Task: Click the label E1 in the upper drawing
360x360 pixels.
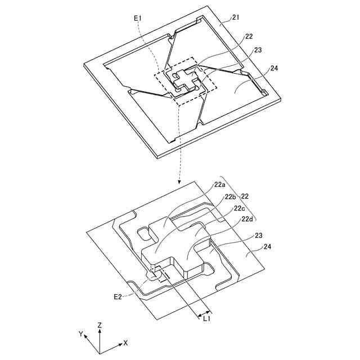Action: click(138, 19)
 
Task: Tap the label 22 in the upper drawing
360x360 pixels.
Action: click(249, 37)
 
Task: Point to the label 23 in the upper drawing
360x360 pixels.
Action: click(258, 50)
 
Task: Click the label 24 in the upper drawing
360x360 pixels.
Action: click(274, 69)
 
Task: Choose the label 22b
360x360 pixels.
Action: click(230, 197)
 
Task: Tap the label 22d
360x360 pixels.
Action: click(248, 219)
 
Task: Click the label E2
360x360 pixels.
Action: click(118, 296)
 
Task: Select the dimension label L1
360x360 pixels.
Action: click(207, 319)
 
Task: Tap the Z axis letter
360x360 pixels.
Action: click(100, 325)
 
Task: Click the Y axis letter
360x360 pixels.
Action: click(81, 334)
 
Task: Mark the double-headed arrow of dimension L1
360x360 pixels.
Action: click(202, 311)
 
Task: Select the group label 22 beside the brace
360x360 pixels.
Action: click(245, 196)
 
